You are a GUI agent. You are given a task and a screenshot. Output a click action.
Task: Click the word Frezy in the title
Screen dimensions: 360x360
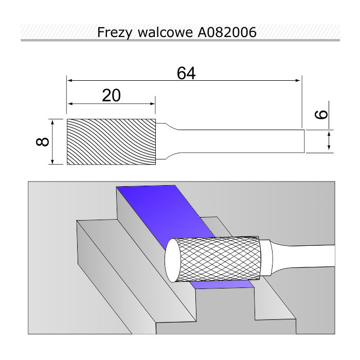pyautogui.click(x=115, y=32)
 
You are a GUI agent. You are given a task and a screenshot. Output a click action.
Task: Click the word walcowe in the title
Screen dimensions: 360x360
pyautogui.click(x=165, y=32)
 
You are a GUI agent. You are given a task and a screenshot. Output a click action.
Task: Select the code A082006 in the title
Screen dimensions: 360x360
pyautogui.click(x=227, y=32)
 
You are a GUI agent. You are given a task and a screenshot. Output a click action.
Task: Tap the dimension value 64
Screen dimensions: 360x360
pyautogui.click(x=186, y=73)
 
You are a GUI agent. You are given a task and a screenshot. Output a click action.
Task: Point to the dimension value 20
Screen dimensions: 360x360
pyautogui.click(x=111, y=96)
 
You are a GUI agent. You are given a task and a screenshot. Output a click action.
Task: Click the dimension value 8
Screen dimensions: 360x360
pyautogui.click(x=43, y=141)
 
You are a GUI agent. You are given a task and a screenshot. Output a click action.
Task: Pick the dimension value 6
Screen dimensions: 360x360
pyautogui.click(x=321, y=114)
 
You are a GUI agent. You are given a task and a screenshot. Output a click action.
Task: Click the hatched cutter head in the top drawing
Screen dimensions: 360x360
pyautogui.click(x=111, y=141)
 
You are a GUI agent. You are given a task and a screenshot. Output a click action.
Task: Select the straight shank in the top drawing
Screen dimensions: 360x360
pyautogui.click(x=242, y=141)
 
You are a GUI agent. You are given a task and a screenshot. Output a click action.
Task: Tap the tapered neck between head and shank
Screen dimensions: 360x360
pyautogui.click(x=167, y=141)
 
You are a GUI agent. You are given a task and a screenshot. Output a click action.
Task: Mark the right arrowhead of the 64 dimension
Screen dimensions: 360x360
pyautogui.click(x=298, y=80)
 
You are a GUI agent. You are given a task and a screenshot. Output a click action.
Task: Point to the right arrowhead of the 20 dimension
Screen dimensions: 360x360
pyautogui.click(x=152, y=104)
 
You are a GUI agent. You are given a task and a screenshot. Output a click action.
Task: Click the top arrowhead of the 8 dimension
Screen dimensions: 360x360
pyautogui.click(x=52, y=122)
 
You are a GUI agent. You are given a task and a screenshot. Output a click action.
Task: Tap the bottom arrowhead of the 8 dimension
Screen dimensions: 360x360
pyautogui.click(x=52, y=161)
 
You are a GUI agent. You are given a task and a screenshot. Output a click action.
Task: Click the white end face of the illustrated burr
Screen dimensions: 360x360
pyautogui.click(x=173, y=260)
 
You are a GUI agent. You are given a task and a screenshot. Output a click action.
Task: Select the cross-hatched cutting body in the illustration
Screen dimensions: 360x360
pyautogui.click(x=219, y=259)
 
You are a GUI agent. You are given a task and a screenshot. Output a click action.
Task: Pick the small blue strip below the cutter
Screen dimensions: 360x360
pyautogui.click(x=222, y=284)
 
